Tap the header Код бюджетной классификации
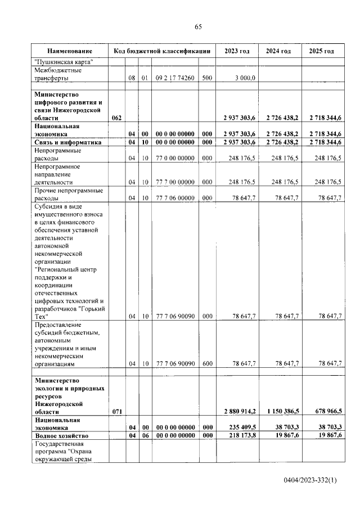tap(161, 51)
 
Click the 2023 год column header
tap(237, 51)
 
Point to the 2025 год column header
tap(322, 51)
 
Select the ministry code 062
tap(116, 118)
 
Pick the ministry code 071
tap(116, 412)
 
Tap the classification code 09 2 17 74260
tap(175, 78)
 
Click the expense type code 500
tap(206, 78)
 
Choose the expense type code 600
tap(206, 364)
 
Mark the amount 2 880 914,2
tap(240, 412)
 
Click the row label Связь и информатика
tap(68, 143)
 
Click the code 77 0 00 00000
tap(175, 159)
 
